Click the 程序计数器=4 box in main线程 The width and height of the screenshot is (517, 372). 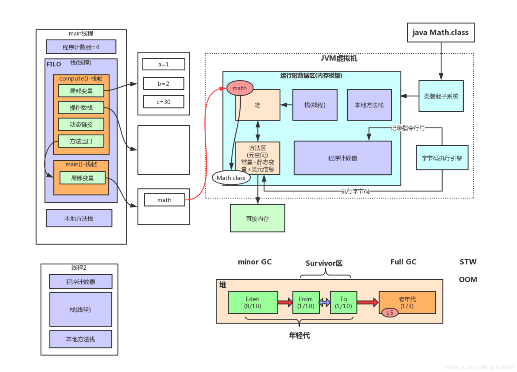pyautogui.click(x=81, y=47)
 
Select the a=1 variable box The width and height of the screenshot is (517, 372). pyautogui.click(x=164, y=64)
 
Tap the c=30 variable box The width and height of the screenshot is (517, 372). pyautogui.click(x=164, y=102)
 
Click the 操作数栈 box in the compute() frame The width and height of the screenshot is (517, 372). pyautogui.click(x=81, y=107)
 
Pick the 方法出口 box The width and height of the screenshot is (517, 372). pyautogui.click(x=81, y=141)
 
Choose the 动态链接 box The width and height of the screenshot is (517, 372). pyautogui.click(x=81, y=124)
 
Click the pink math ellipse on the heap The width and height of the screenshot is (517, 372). pyautogui.click(x=240, y=88)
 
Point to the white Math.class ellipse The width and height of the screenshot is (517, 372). pyautogui.click(x=231, y=178)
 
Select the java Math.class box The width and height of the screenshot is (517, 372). pyautogui.click(x=441, y=32)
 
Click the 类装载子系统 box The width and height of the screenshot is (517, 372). pyautogui.click(x=441, y=96)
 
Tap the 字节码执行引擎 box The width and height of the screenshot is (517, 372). pyautogui.click(x=442, y=158)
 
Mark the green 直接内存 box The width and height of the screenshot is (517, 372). pyautogui.click(x=257, y=218)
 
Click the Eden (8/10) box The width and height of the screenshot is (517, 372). pyautogui.click(x=253, y=302)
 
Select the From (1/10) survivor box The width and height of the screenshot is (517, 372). pyautogui.click(x=306, y=302)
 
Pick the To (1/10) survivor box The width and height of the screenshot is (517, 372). pyautogui.click(x=343, y=302)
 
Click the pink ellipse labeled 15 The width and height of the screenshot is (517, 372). pyautogui.click(x=390, y=313)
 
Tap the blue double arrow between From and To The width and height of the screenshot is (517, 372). pyautogui.click(x=325, y=302)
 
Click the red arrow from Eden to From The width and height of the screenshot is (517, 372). pyautogui.click(x=285, y=302)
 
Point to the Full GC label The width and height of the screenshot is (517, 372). pyautogui.click(x=403, y=262)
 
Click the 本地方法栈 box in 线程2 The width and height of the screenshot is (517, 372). pyautogui.click(x=80, y=339)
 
